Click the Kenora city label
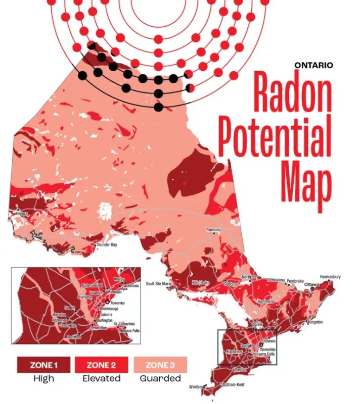tap(21, 214)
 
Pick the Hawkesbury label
tap(330, 277)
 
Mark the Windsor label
tap(196, 387)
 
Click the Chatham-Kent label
tap(232, 384)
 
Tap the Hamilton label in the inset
tap(100, 327)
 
